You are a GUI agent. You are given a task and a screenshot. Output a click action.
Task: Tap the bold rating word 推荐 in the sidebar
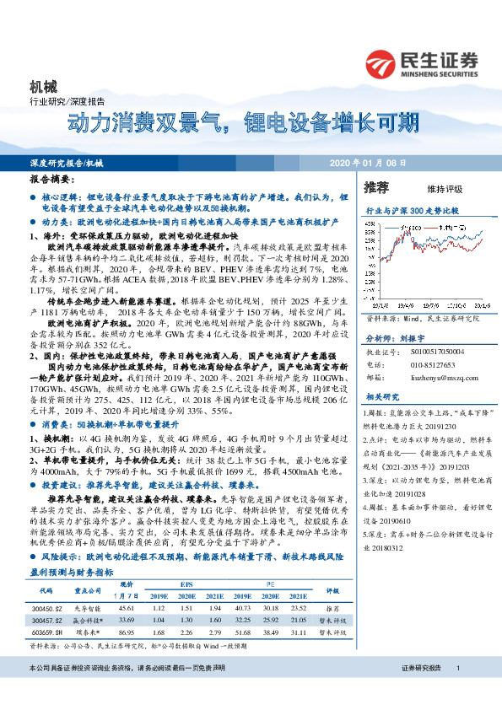click(376, 186)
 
